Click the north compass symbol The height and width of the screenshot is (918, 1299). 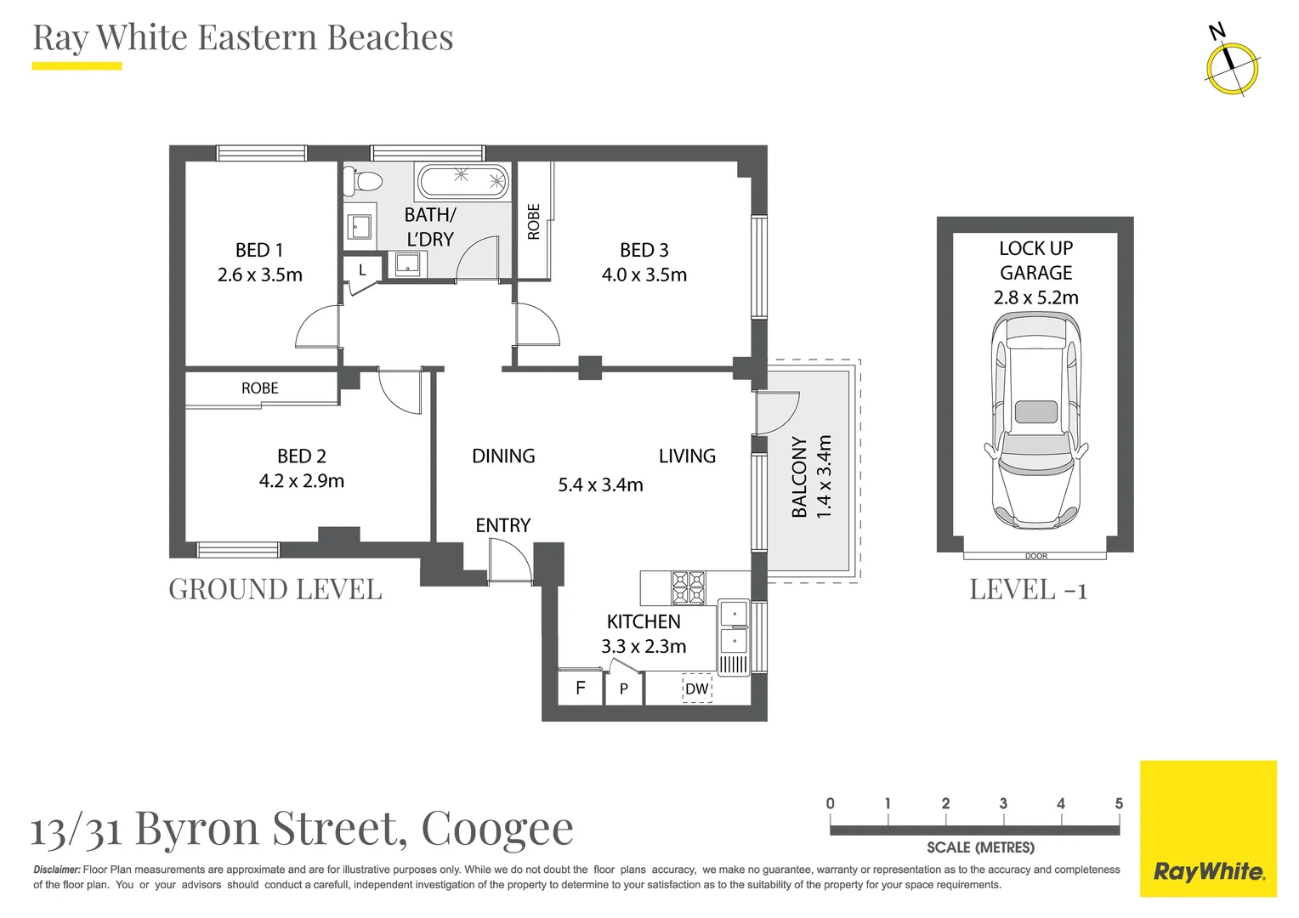coord(1231,66)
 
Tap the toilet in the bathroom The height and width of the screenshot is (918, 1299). coord(363,181)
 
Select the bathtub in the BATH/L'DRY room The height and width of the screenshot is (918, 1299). coord(462,182)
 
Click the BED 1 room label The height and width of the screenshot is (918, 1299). coord(259,250)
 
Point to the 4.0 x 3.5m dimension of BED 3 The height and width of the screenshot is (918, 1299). coord(644,275)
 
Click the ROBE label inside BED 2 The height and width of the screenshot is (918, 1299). coord(259,388)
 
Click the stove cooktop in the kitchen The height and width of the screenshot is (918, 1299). coord(689,587)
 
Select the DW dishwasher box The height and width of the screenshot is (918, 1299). coord(696,688)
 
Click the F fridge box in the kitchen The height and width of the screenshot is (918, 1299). coord(581,688)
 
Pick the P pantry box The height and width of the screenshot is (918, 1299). coord(624,688)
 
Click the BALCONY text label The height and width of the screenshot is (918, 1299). coord(799,478)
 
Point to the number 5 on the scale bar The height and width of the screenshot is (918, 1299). coord(1119,803)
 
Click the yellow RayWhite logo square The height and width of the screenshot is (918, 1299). coord(1208,829)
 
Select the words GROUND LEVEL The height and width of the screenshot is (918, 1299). coord(275,589)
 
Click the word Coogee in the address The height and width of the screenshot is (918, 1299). coord(497,828)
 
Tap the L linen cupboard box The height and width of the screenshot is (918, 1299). coord(362,270)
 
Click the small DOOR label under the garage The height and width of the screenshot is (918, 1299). coord(1035,556)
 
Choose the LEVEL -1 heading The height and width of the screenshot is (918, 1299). coord(1029,589)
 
